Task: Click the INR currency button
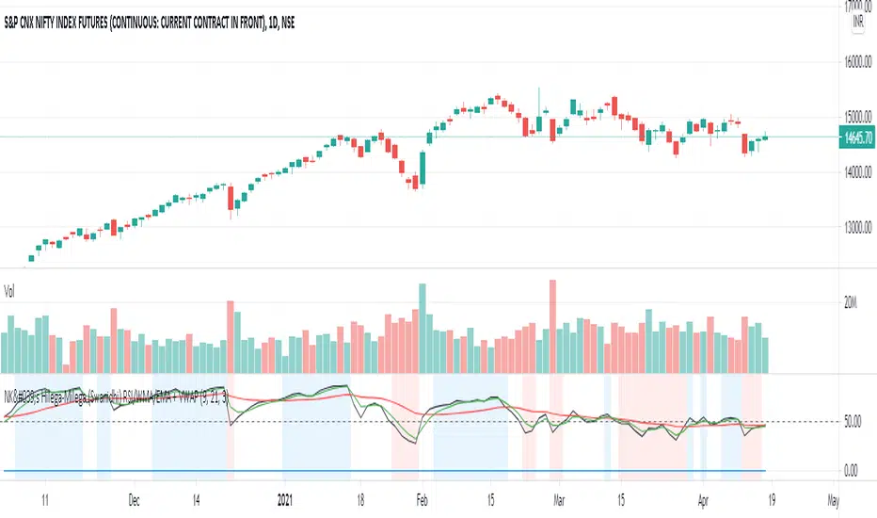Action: click(x=857, y=21)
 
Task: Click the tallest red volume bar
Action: click(x=552, y=326)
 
